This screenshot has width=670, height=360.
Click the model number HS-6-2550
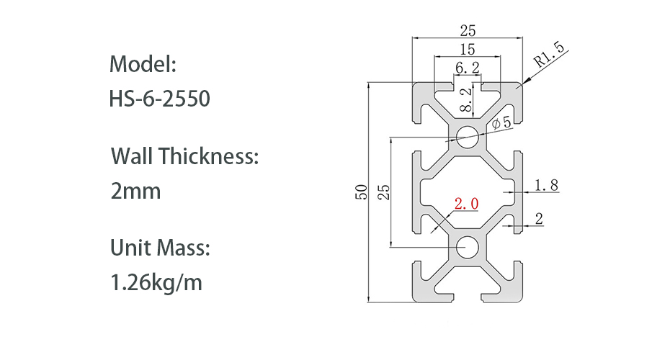[x=159, y=99]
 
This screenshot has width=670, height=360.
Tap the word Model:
[x=143, y=64]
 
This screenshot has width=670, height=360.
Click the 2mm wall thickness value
[x=135, y=191]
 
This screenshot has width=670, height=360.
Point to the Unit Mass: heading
[x=160, y=248]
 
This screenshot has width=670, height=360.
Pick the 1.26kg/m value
[x=156, y=283]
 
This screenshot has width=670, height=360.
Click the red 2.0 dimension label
[x=466, y=204]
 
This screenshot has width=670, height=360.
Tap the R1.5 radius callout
[x=549, y=55]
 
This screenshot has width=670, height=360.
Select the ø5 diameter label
[x=501, y=123]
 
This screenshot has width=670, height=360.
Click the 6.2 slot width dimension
[x=467, y=68]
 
